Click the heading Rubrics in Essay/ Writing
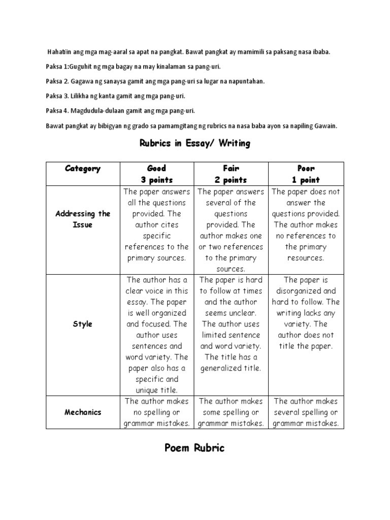(x=195, y=144)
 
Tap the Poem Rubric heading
(x=194, y=448)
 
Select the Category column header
(x=83, y=169)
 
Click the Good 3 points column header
(x=156, y=174)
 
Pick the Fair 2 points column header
(x=231, y=174)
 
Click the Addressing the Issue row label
(x=83, y=219)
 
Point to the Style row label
(x=83, y=324)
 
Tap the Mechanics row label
(x=83, y=412)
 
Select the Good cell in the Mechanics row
(x=156, y=412)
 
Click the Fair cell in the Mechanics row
(x=231, y=412)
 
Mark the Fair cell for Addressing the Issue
(x=231, y=230)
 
